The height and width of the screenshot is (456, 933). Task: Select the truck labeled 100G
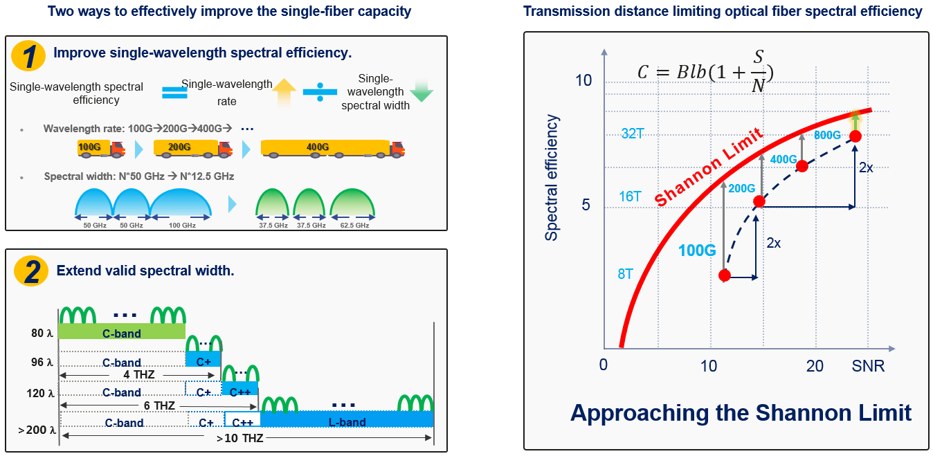pos(100,147)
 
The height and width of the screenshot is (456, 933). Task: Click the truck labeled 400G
pos(332,147)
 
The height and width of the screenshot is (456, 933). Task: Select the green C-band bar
pos(122,332)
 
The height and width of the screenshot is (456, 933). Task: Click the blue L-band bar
pos(347,420)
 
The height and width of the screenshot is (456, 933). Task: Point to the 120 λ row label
pos(39,392)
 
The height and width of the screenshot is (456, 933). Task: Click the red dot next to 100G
pos(724,275)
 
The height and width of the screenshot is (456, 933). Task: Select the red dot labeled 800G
pos(855,136)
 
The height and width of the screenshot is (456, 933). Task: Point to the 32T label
pos(633,134)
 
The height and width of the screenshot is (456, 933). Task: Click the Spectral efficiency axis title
pos(551,178)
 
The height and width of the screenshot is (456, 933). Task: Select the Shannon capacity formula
pos(705,72)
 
